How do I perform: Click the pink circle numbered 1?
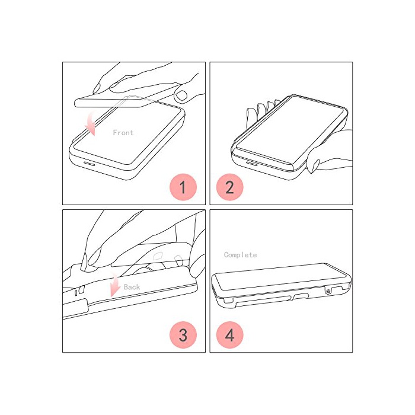(x=183, y=187)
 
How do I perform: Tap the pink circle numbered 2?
(x=230, y=187)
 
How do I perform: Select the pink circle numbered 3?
(x=183, y=335)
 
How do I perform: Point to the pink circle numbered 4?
(x=230, y=335)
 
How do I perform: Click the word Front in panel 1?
(x=123, y=133)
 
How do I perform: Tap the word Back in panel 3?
(x=132, y=287)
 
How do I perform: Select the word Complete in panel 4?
(x=240, y=255)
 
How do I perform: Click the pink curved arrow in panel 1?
(x=90, y=124)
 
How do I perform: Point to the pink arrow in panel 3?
(x=115, y=285)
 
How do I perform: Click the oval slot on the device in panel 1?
(x=89, y=163)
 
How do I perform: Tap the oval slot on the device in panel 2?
(x=251, y=162)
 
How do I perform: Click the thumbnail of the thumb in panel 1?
(x=181, y=95)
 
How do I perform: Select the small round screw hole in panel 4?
(x=328, y=292)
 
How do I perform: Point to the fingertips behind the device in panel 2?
(x=262, y=109)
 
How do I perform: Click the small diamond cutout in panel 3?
(x=158, y=256)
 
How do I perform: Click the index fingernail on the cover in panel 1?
(x=96, y=88)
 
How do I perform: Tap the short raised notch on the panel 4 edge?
(x=301, y=296)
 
